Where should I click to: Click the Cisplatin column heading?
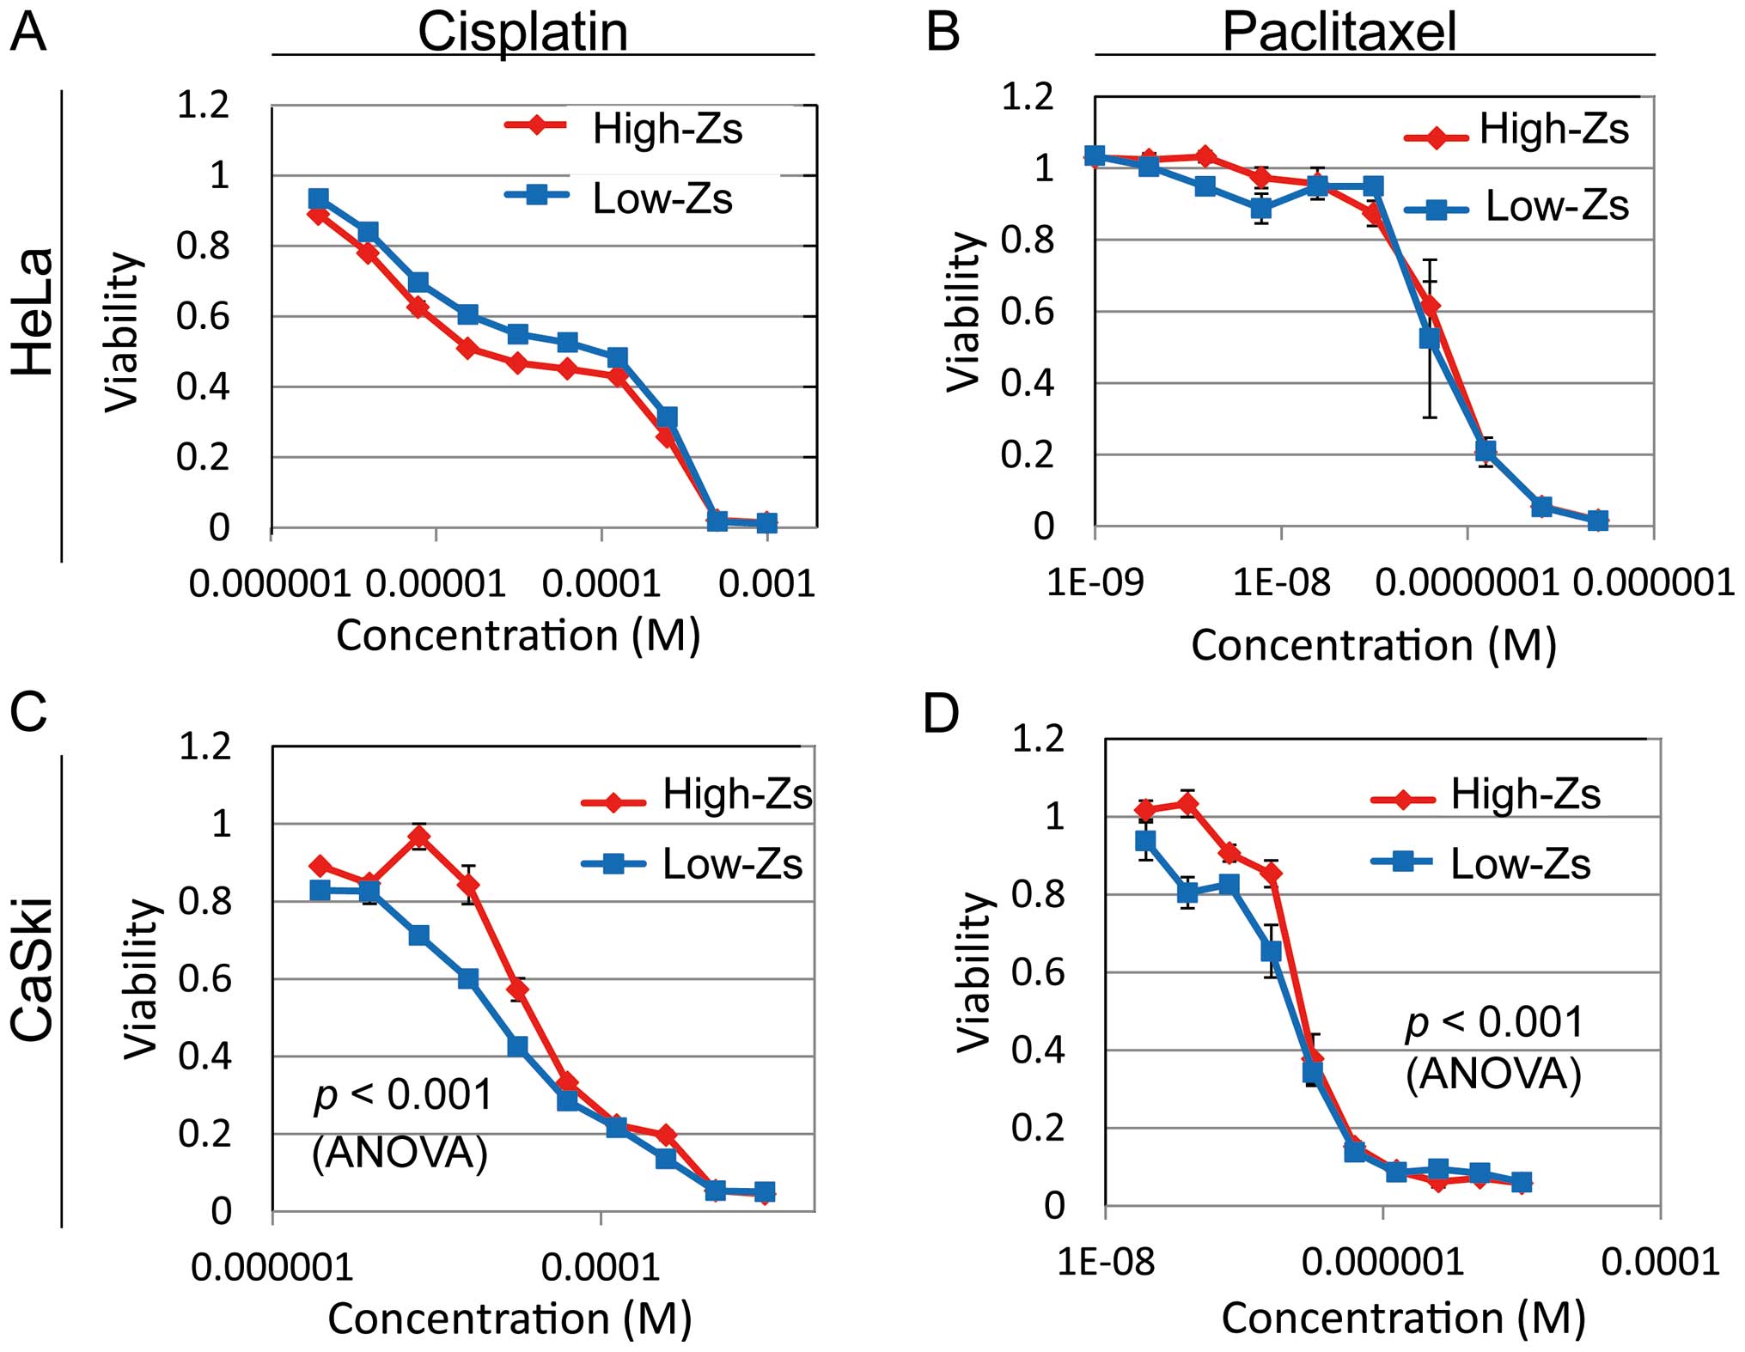(x=522, y=33)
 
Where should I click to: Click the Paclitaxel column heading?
(x=1339, y=33)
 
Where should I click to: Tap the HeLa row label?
(x=34, y=312)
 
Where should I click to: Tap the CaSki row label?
(x=34, y=969)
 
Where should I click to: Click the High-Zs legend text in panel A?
(x=667, y=129)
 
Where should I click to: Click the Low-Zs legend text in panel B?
(x=1557, y=206)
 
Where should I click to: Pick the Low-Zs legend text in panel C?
(x=732, y=864)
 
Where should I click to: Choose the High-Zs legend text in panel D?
(x=1525, y=795)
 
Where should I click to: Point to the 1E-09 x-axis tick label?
(x=1095, y=583)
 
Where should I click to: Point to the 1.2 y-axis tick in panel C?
(x=204, y=746)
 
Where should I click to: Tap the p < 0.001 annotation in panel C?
(x=403, y=1095)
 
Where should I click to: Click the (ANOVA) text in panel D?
(x=1493, y=1074)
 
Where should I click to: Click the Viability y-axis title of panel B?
(x=963, y=312)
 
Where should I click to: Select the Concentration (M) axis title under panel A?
(x=518, y=636)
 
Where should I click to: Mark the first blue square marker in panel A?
(x=319, y=199)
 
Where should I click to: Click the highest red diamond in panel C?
(x=418, y=837)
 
